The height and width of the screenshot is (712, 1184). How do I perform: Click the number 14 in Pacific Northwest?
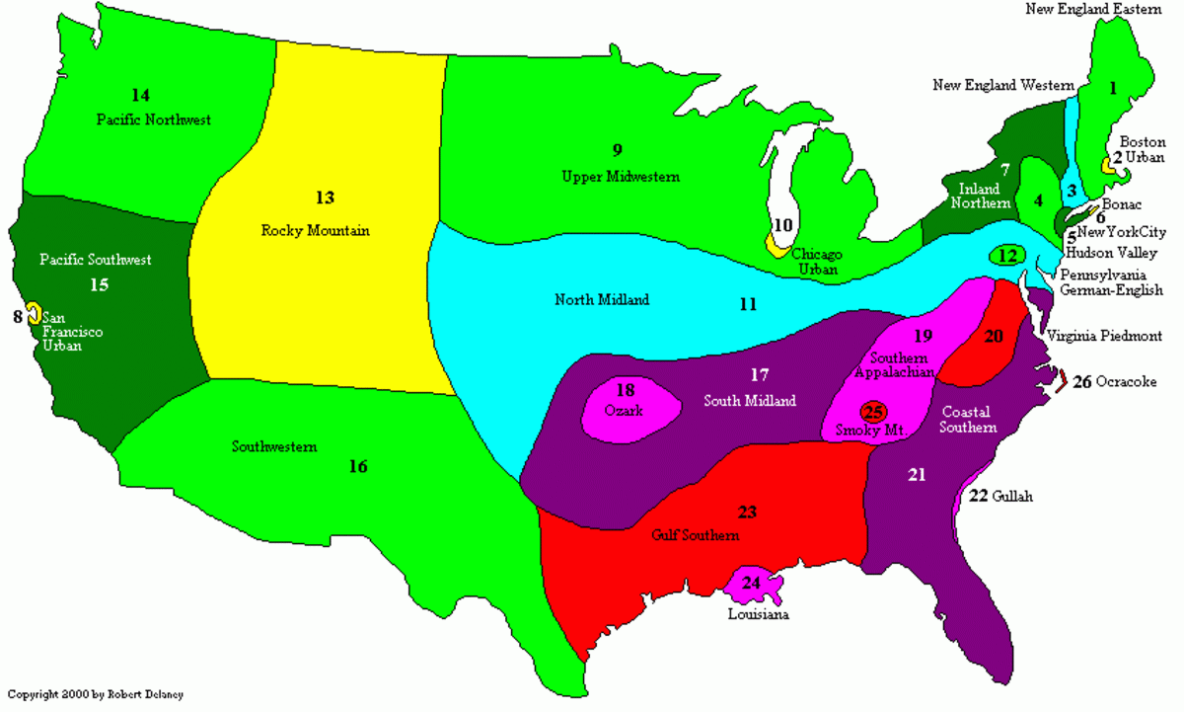[x=140, y=95]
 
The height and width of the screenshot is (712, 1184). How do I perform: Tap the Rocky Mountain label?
[x=315, y=231]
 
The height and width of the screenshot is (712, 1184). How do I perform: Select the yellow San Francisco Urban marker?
[x=32, y=313]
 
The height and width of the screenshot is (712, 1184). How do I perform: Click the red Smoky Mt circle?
[x=874, y=412]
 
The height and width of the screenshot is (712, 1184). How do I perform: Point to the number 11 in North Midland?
[x=748, y=305]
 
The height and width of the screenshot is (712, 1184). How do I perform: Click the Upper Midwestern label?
[x=621, y=177]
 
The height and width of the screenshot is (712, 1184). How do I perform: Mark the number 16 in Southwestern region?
[x=358, y=466]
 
